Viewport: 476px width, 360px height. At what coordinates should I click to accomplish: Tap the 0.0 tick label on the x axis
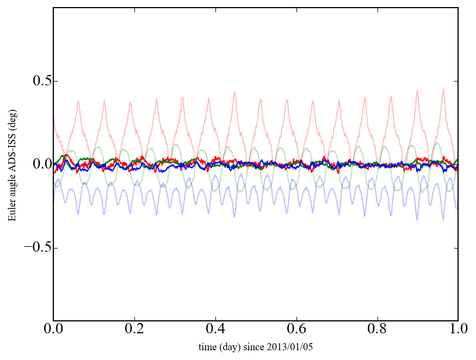(x=53, y=330)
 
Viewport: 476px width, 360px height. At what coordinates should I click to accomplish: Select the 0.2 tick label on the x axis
(x=134, y=330)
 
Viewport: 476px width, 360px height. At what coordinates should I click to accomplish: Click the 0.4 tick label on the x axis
(x=215, y=330)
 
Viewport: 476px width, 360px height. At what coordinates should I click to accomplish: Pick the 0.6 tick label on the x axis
(x=296, y=330)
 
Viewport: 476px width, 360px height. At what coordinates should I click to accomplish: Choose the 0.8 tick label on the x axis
(x=377, y=330)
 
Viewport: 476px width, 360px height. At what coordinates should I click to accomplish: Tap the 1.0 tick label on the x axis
(x=458, y=330)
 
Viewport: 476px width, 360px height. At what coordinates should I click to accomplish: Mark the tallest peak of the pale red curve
(x=443, y=89)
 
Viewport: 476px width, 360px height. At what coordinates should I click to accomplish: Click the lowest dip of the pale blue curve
(x=443, y=220)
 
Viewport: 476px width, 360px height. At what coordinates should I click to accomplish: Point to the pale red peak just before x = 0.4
(x=208, y=99)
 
